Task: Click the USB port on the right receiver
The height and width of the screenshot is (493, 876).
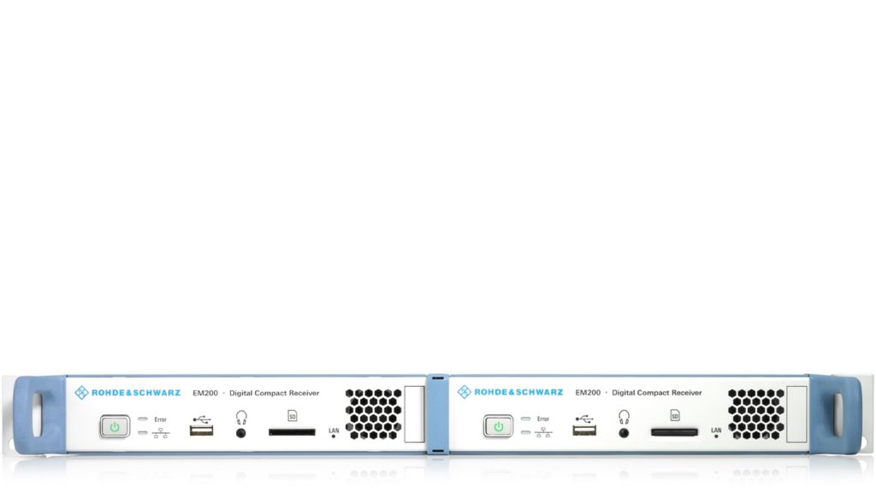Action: pos(585,431)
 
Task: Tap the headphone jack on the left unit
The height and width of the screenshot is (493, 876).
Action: pos(240,433)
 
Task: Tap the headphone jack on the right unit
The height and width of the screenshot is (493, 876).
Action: pos(624,432)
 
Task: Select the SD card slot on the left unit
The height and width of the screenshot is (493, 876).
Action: pos(292,432)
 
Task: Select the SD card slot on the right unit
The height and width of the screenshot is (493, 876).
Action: pos(674,432)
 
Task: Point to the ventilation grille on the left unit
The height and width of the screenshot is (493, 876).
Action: pos(373,414)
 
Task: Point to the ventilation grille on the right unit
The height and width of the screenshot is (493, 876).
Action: pos(755,414)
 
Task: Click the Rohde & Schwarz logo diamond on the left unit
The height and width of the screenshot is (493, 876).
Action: pos(81,393)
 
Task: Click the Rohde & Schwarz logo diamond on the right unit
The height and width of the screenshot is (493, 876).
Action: pos(465,392)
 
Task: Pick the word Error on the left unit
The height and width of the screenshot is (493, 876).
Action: pos(161,419)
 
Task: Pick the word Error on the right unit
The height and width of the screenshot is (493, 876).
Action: pos(543,419)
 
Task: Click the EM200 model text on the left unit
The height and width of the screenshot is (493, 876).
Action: pos(204,393)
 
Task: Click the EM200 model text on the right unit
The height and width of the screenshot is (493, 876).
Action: pos(588,393)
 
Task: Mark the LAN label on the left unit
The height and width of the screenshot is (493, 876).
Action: pos(334,430)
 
